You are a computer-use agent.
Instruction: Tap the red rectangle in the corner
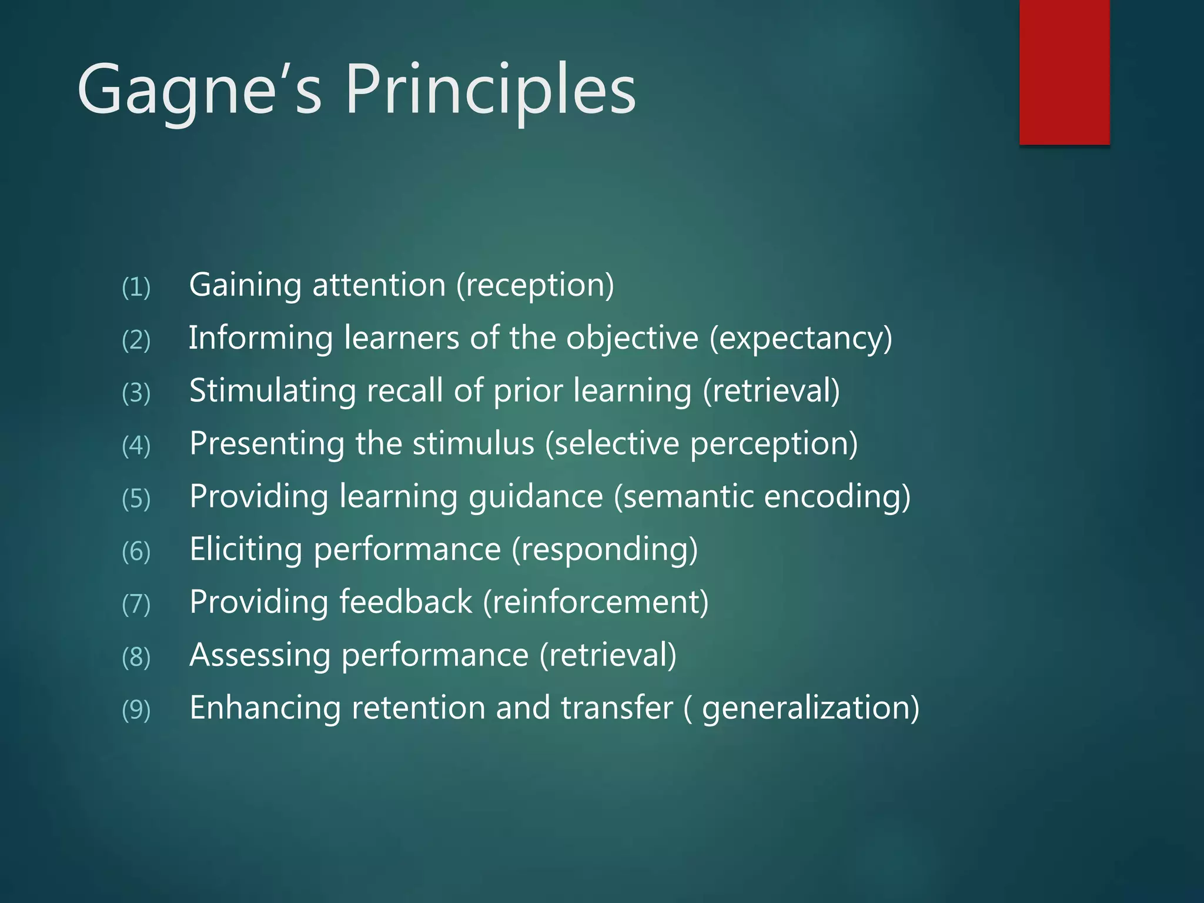pyautogui.click(x=1064, y=72)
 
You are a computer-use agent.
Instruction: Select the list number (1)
pyautogui.click(x=136, y=287)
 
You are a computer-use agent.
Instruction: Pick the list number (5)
pyautogui.click(x=136, y=499)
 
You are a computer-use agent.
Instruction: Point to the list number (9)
pyautogui.click(x=136, y=710)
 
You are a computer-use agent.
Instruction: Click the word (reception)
pyautogui.click(x=535, y=286)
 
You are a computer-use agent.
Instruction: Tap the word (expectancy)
pyautogui.click(x=801, y=339)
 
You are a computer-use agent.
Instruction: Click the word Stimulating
pyautogui.click(x=272, y=392)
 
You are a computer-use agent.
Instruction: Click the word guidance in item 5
pyautogui.click(x=536, y=497)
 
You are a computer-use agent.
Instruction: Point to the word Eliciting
pyautogui.click(x=245, y=549)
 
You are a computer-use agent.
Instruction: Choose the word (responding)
pyautogui.click(x=604, y=550)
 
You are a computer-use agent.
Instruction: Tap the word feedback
pyautogui.click(x=406, y=602)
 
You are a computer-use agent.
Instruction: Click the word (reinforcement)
pyautogui.click(x=596, y=602)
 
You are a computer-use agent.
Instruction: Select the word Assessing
pyautogui.click(x=259, y=656)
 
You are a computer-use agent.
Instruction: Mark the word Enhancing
pyautogui.click(x=265, y=708)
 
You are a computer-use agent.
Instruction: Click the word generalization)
pyautogui.click(x=811, y=709)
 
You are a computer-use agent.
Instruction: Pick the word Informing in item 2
pyautogui.click(x=260, y=339)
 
